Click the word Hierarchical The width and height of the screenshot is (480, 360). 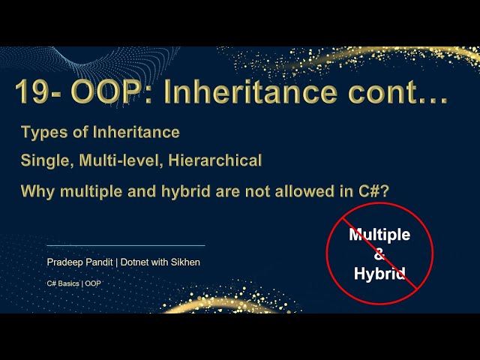coord(217,160)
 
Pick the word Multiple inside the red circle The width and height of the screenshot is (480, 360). coord(379,235)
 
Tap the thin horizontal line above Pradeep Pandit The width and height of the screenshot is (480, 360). coord(125,245)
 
